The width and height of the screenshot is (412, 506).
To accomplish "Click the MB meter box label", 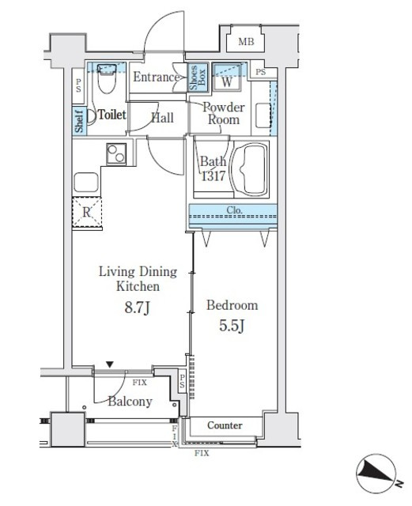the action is point(246,42).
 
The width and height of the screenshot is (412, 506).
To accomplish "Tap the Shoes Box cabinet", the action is point(197,77).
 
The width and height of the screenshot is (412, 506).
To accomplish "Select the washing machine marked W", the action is point(227,77).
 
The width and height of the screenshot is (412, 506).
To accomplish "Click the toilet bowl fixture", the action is point(107,77).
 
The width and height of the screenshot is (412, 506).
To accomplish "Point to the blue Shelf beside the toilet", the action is point(79,121).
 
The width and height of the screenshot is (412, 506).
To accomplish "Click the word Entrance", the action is point(157,77).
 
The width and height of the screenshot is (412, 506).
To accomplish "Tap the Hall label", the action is point(163,118).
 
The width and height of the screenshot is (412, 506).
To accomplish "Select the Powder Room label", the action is point(224,113).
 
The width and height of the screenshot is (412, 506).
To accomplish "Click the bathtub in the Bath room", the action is point(251,169).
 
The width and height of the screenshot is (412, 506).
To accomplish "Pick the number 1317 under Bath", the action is point(214,176).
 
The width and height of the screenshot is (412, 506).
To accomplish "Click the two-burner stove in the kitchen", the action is point(116,154).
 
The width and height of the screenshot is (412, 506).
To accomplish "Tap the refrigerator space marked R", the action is point(87,212).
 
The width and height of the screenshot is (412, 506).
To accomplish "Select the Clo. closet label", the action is point(234,210).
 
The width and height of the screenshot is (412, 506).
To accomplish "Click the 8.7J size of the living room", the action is point(138,308).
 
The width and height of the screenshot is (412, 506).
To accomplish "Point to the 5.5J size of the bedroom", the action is point(232,326).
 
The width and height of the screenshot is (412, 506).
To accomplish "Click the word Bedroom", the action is point(232,305).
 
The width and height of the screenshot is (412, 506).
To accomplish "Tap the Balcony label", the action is point(130,402).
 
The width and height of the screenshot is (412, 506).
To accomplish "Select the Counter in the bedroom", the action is point(225,425).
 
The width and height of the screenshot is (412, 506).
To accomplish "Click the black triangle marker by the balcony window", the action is point(110,364).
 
